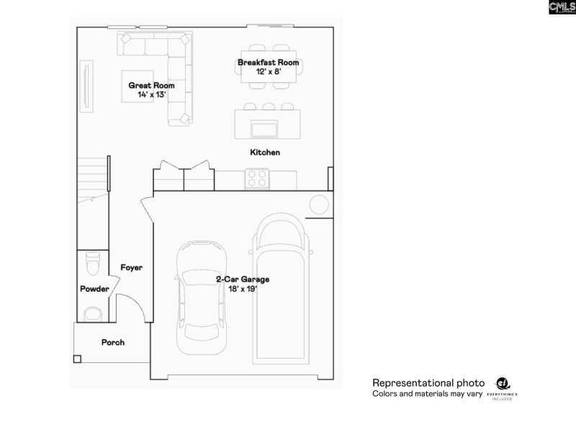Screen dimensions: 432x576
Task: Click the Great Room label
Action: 151,85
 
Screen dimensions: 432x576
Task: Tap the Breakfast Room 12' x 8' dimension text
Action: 268,72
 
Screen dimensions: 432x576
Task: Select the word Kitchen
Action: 265,153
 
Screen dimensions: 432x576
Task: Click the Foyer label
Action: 131,267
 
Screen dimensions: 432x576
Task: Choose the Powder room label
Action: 94,289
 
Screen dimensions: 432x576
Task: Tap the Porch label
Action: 112,342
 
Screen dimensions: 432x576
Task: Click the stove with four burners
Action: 257,178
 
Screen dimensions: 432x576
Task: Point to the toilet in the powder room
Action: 92,263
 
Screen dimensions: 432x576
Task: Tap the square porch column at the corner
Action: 77,358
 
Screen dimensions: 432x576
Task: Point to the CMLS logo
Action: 562,7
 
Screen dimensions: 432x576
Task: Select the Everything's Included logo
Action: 503,389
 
